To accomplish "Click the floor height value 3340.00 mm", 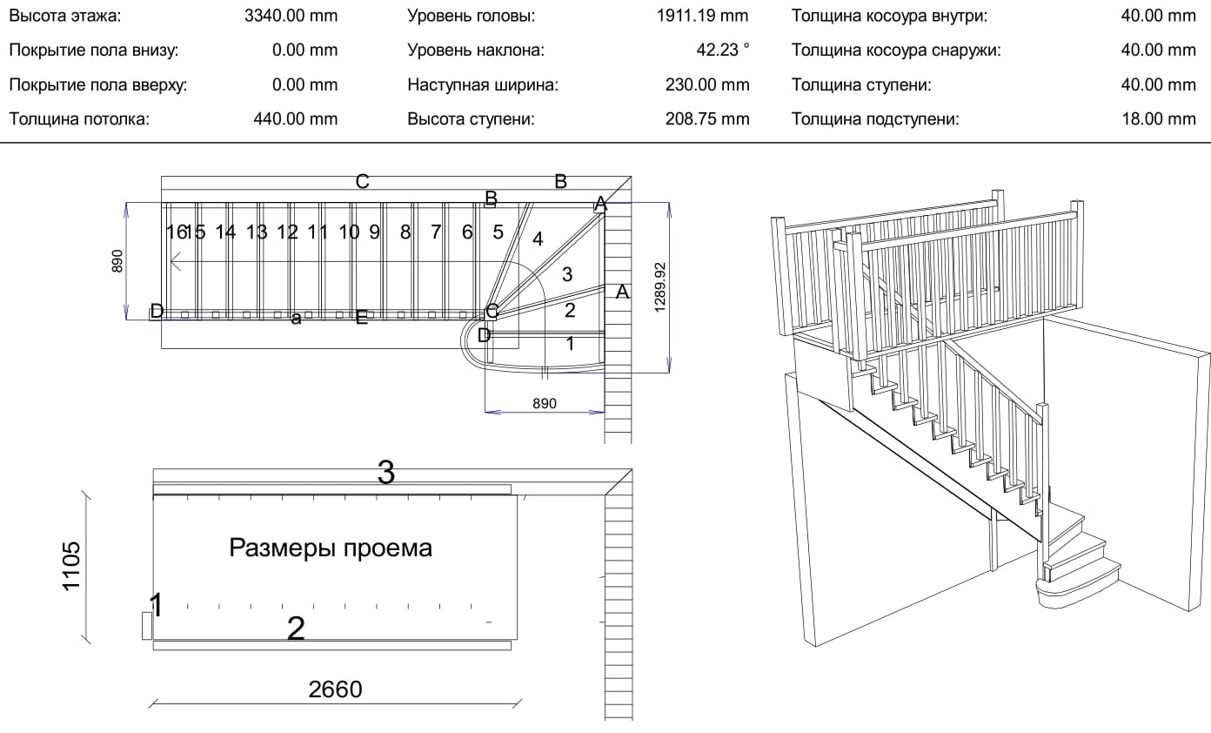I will tap(291, 16).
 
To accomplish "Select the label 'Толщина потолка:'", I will tap(79, 119).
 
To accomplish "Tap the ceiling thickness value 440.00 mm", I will tap(295, 119).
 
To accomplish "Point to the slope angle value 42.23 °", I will tap(722, 50).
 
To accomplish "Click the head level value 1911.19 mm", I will tap(703, 16).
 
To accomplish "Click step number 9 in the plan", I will tap(375, 232).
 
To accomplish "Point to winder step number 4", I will tap(539, 239).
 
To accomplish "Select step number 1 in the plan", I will tap(570, 344).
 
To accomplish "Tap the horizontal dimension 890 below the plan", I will tap(544, 404).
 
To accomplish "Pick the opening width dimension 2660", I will tap(335, 689).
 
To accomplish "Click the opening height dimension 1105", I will tap(71, 566).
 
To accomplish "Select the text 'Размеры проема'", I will tap(331, 548).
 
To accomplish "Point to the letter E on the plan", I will tap(362, 318).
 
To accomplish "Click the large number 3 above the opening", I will tap(386, 474).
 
